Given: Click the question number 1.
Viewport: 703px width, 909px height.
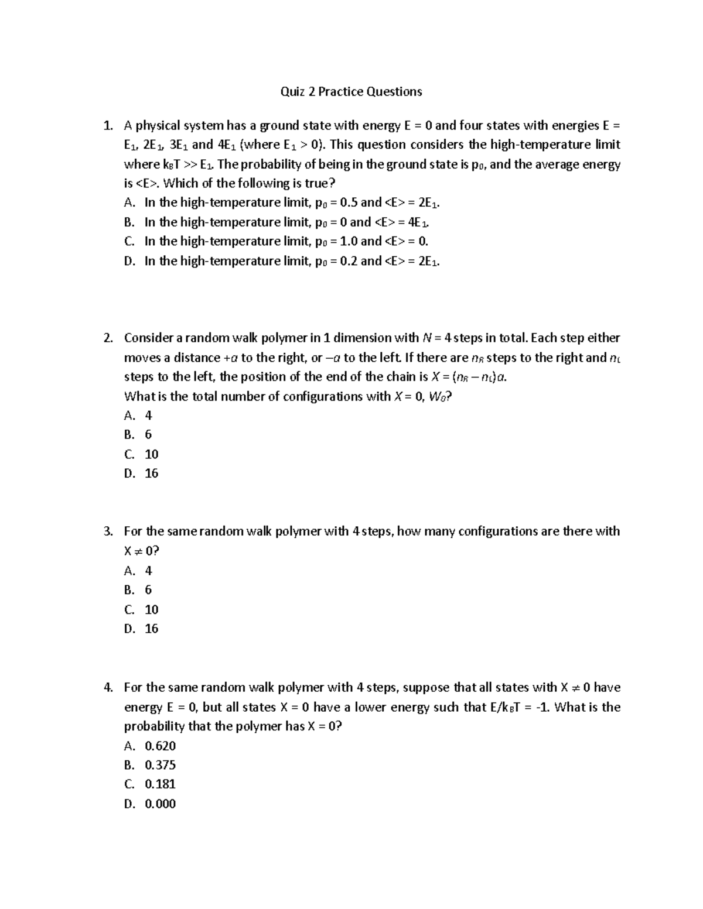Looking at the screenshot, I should coord(107,125).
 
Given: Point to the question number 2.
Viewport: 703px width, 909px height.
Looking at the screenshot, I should coord(107,338).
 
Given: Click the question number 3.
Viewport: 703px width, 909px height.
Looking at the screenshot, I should coord(107,531).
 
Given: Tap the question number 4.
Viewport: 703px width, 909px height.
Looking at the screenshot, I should coord(107,688).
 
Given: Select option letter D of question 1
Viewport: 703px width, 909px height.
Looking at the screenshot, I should coord(129,261).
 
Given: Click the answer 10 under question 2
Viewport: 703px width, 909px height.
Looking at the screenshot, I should coord(151,454).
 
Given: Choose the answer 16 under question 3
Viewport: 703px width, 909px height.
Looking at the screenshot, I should coord(151,629).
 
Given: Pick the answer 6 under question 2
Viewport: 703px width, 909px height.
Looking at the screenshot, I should coord(148,434).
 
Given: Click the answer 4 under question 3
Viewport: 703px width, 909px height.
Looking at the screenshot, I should coord(148,571).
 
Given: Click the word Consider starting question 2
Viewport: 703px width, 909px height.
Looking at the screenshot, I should coord(148,338).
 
